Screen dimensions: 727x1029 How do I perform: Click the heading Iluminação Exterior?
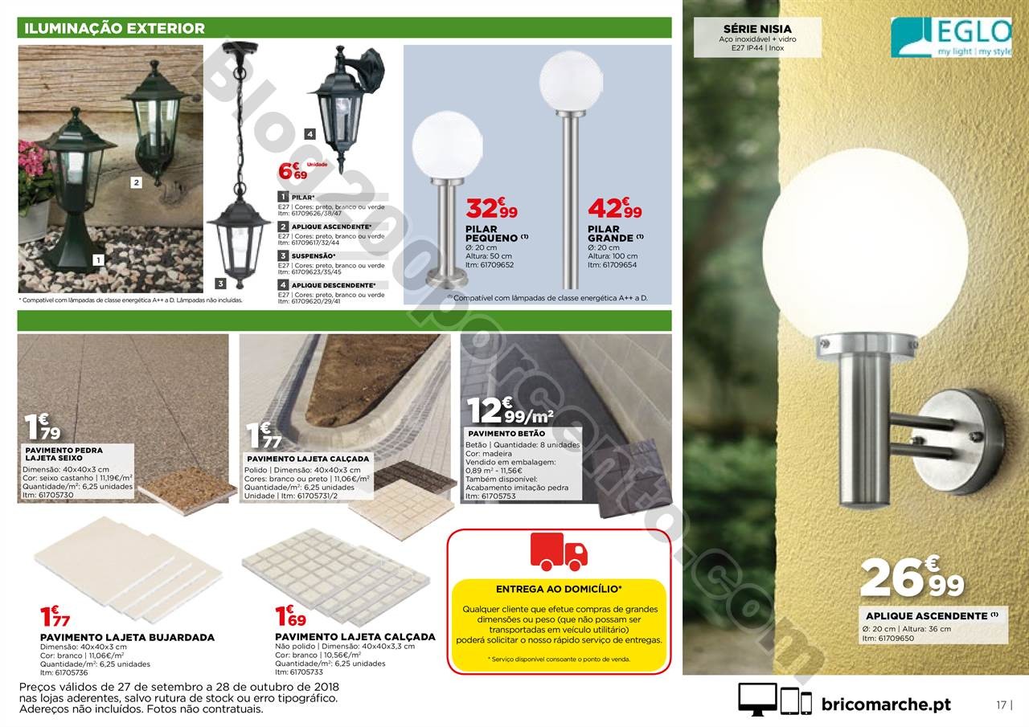[115, 28]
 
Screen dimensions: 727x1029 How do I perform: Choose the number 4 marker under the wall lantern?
[310, 134]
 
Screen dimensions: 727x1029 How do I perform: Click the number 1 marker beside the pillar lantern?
[98, 259]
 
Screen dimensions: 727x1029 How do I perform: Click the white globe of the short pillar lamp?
[447, 148]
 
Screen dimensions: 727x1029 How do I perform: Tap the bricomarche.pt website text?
[886, 704]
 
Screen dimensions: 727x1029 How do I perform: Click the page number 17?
[1002, 705]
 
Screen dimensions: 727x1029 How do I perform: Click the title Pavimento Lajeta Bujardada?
[127, 637]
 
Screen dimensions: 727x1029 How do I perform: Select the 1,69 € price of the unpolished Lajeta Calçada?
[290, 616]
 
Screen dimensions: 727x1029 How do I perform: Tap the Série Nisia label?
[747, 29]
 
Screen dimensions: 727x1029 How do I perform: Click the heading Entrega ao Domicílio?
[558, 588]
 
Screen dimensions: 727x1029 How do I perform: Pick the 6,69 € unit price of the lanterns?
[293, 172]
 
